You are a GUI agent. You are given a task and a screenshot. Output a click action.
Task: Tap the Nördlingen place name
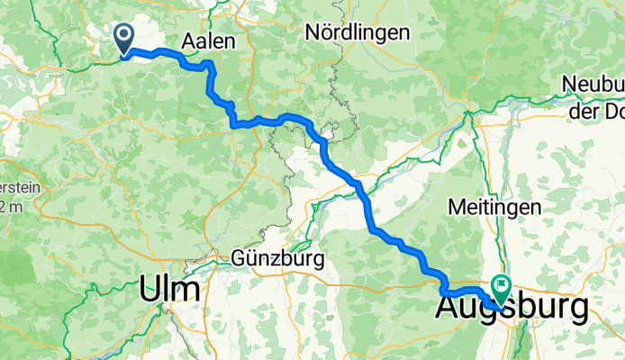point(358,32)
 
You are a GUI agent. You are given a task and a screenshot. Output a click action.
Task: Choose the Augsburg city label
point(513,308)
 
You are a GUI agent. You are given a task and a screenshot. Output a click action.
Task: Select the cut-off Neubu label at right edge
point(593,84)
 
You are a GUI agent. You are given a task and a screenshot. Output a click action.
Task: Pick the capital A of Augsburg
point(449,308)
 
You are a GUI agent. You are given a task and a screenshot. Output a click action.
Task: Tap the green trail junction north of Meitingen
point(467,116)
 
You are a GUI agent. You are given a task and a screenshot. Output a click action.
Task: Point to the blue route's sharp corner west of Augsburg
point(442,292)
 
